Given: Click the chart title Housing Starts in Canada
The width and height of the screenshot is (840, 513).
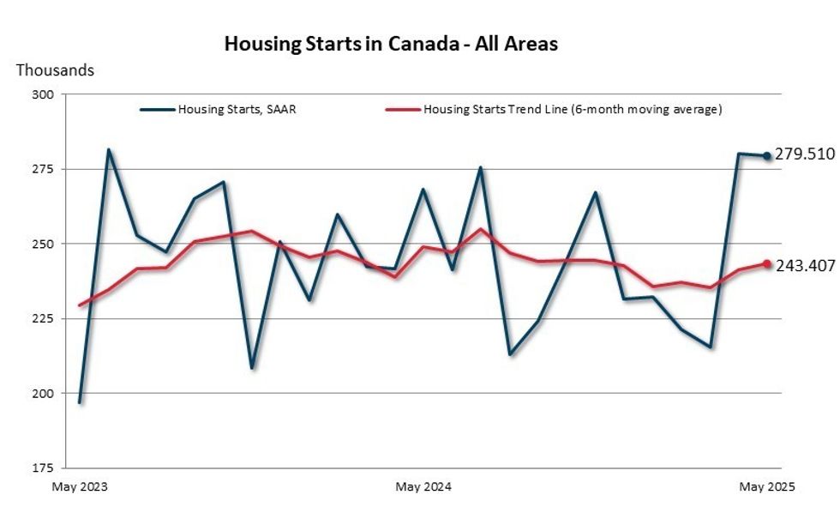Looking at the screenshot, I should coord(391,44).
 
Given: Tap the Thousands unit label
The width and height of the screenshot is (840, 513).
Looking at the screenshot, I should coord(55,70).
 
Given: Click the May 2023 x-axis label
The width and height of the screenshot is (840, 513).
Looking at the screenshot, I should coord(80,486).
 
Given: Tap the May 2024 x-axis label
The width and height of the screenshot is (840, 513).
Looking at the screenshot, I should coord(423,486).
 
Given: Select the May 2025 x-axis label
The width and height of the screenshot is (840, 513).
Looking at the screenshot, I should coord(767,486).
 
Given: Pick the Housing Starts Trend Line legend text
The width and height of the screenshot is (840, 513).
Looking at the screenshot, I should coord(573,109).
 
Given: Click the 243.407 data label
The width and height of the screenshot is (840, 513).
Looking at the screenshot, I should coord(805,265).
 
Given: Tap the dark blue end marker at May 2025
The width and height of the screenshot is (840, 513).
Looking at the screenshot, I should coord(767,155).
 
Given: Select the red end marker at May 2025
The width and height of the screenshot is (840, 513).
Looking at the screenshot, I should coord(767,264).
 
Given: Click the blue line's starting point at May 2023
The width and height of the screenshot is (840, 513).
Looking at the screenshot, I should coord(80,402).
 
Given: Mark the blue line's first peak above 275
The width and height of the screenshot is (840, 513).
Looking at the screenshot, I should coord(108,150).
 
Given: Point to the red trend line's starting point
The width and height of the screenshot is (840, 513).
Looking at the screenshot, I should coord(80,305).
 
